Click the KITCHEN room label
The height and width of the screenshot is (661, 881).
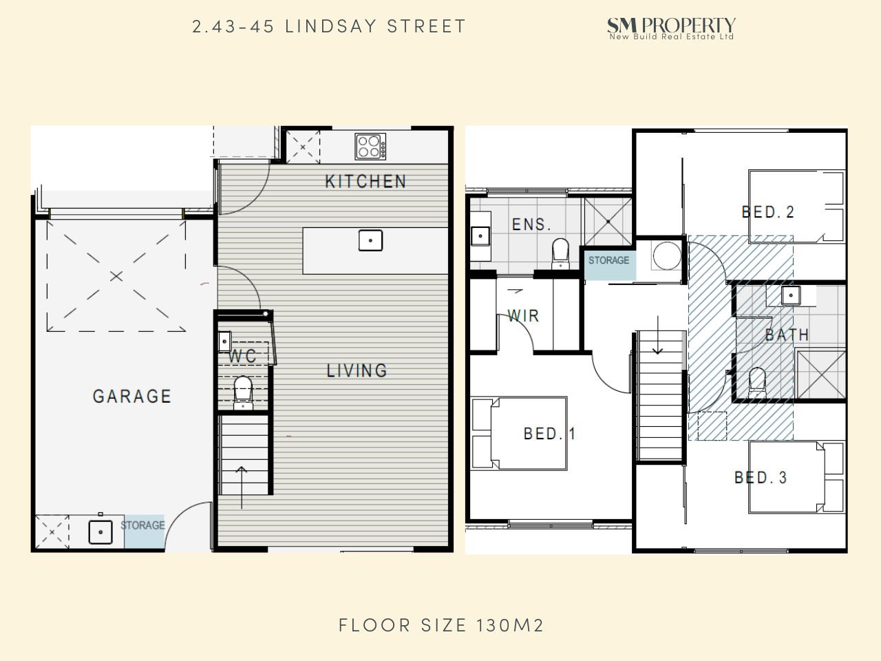365,181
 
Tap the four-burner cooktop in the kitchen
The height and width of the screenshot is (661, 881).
370,147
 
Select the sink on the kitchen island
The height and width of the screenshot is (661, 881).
370,240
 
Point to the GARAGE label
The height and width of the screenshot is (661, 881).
132,397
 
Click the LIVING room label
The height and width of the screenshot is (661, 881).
357,370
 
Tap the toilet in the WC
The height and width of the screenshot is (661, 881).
243,392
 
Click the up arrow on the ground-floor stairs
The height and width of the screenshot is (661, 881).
241,487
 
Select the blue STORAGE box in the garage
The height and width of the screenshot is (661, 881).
144,532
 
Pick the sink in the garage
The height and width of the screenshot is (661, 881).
100,532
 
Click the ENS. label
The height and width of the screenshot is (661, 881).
532,224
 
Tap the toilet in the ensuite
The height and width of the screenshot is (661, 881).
560,253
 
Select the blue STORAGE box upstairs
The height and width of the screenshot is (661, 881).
610,265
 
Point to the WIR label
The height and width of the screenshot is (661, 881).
523,316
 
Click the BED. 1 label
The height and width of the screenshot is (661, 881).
549,434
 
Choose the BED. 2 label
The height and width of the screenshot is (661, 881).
768,212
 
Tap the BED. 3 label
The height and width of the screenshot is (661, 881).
761,478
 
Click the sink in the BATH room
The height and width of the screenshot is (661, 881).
791,296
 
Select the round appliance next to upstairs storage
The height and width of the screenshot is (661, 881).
667,255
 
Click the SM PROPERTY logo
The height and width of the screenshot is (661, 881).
671,28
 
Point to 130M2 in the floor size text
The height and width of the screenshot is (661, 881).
510,625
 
